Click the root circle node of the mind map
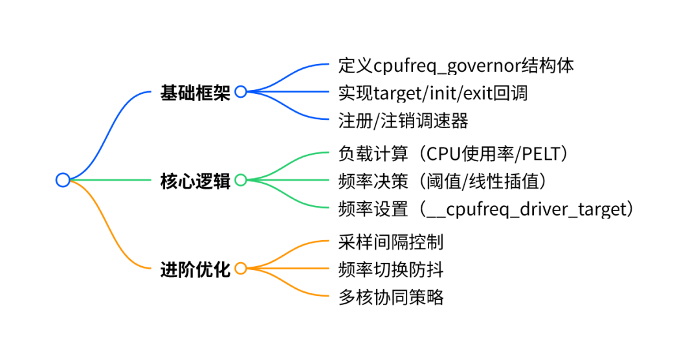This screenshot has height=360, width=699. coord(63,180)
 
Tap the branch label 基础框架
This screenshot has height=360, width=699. coord(195,93)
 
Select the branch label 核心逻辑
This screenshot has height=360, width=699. coord(195,181)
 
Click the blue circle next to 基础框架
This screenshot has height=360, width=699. coord(241,91)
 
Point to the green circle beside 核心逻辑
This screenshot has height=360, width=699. coord(241,180)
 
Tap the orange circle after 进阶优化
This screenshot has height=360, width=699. coord(241,268)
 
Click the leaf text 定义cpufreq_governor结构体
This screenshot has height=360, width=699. coord(456,66)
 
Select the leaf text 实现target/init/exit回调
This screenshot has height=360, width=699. coord(433,93)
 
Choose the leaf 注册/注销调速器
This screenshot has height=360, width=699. coord(403,121)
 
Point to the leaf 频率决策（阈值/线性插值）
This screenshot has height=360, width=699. coord(443,181)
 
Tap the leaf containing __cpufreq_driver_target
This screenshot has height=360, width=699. coord(486,209)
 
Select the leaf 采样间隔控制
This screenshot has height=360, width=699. coord(391,242)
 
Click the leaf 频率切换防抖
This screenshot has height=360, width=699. coord(391,270)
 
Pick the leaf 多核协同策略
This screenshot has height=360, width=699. coord(391,298)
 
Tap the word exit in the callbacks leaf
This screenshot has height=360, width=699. coord(478,93)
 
